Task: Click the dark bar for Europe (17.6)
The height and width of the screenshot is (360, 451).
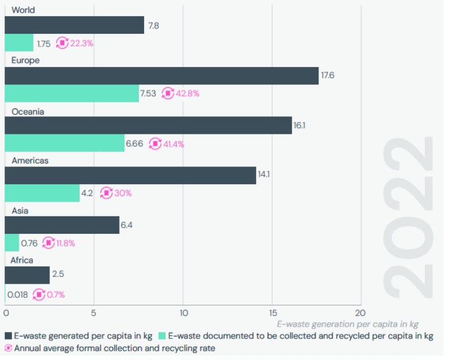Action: click(x=162, y=76)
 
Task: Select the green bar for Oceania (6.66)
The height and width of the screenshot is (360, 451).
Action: click(x=65, y=143)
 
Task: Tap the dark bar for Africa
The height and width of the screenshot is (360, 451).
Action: click(x=27, y=275)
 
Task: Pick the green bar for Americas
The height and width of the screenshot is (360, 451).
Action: click(x=42, y=193)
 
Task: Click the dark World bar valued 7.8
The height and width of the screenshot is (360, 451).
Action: click(x=74, y=25)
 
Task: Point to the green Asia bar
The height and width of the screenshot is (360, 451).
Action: click(x=12, y=243)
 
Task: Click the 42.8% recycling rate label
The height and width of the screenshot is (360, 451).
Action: click(x=188, y=93)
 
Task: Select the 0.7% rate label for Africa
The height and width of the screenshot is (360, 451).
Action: click(x=56, y=295)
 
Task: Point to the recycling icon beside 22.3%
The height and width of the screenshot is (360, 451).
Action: click(x=62, y=43)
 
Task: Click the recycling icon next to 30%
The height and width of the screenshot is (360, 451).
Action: click(x=106, y=193)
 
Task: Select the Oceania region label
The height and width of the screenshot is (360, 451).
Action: click(x=28, y=111)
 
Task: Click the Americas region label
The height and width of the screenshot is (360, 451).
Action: click(x=30, y=161)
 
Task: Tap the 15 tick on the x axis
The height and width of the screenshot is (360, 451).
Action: click(x=271, y=312)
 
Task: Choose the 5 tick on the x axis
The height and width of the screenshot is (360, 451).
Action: click(x=94, y=312)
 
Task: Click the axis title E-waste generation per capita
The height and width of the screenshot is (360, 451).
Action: click(x=347, y=324)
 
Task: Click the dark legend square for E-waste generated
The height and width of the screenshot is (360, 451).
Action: click(x=8, y=336)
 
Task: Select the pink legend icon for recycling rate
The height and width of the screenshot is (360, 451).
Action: click(x=8, y=348)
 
